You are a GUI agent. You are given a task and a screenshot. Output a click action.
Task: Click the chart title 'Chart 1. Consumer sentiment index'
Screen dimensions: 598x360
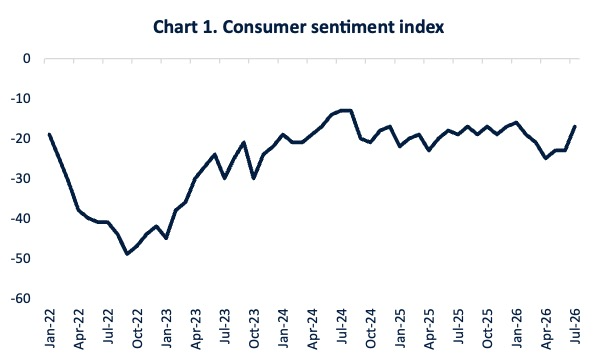coord(299,27)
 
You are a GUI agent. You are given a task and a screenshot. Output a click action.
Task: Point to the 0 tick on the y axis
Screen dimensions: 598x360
coord(26,59)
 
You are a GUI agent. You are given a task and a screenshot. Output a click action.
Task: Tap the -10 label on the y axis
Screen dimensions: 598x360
coord(21,99)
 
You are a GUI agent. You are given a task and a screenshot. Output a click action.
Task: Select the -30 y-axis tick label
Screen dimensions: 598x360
coord(21,178)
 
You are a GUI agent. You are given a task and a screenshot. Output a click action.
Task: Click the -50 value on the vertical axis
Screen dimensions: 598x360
coord(21,259)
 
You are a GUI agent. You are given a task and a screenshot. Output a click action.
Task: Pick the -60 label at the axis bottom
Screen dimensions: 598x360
coord(21,298)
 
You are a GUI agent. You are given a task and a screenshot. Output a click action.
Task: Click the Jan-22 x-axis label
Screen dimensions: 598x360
coord(50,328)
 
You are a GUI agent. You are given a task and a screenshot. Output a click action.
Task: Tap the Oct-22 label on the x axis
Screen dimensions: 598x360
coord(137,328)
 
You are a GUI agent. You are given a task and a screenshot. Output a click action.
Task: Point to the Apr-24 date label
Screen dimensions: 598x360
coord(312,328)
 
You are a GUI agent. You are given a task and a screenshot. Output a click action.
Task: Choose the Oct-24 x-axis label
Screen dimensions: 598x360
coord(371,328)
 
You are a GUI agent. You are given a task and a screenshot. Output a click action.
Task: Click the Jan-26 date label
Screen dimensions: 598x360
coord(517,328)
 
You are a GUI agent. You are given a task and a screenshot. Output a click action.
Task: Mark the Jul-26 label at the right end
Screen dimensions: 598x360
coord(575,326)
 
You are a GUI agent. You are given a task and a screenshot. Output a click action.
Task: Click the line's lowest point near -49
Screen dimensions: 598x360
coord(127,254)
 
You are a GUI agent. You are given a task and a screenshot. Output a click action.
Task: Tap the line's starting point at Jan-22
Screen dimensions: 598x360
coord(50,134)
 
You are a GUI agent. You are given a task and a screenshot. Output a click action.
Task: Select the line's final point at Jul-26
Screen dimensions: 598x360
coord(575,126)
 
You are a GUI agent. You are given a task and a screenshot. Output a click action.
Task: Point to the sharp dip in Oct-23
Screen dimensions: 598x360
coord(254,178)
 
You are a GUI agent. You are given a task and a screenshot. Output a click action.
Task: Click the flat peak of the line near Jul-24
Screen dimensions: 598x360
coord(346,110)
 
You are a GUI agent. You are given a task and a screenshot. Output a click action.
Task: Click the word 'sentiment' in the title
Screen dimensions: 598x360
coord(347,27)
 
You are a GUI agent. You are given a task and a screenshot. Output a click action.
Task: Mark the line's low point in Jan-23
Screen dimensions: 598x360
coord(166,238)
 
